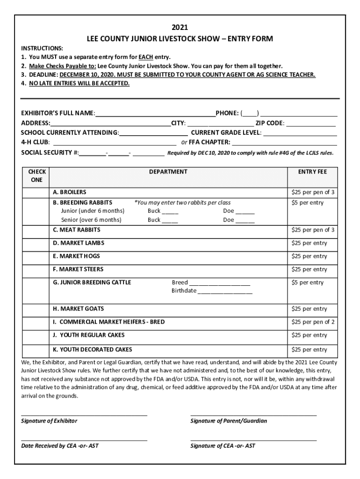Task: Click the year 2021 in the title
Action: [180, 27]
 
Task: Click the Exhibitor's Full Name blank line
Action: [155, 114]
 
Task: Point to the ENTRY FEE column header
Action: [312, 172]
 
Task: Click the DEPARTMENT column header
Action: [168, 172]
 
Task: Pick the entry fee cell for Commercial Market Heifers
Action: [313, 322]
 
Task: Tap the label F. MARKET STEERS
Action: [78, 269]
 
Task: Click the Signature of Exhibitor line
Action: [84, 414]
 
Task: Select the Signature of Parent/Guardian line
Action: [253, 414]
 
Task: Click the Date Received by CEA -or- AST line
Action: [84, 439]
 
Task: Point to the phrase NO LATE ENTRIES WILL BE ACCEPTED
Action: [79, 83]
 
